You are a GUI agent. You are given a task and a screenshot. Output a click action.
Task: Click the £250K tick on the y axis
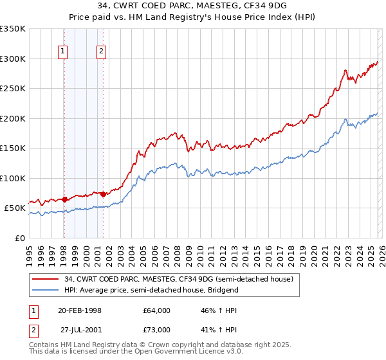click(x=12, y=89)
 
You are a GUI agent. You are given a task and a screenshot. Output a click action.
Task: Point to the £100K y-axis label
click(x=12, y=178)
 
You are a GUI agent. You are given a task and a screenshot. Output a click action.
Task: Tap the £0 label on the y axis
click(x=19, y=238)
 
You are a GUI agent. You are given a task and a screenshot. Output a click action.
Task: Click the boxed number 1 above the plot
click(x=63, y=53)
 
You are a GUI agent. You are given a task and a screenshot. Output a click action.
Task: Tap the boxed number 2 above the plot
click(x=102, y=53)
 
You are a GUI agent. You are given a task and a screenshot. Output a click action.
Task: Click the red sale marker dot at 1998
click(x=64, y=199)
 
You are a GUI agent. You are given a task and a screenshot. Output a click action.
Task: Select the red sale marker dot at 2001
click(x=103, y=193)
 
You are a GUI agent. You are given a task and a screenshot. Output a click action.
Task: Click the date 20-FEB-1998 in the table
click(x=79, y=310)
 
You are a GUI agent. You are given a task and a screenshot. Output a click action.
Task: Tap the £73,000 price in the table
click(x=157, y=330)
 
